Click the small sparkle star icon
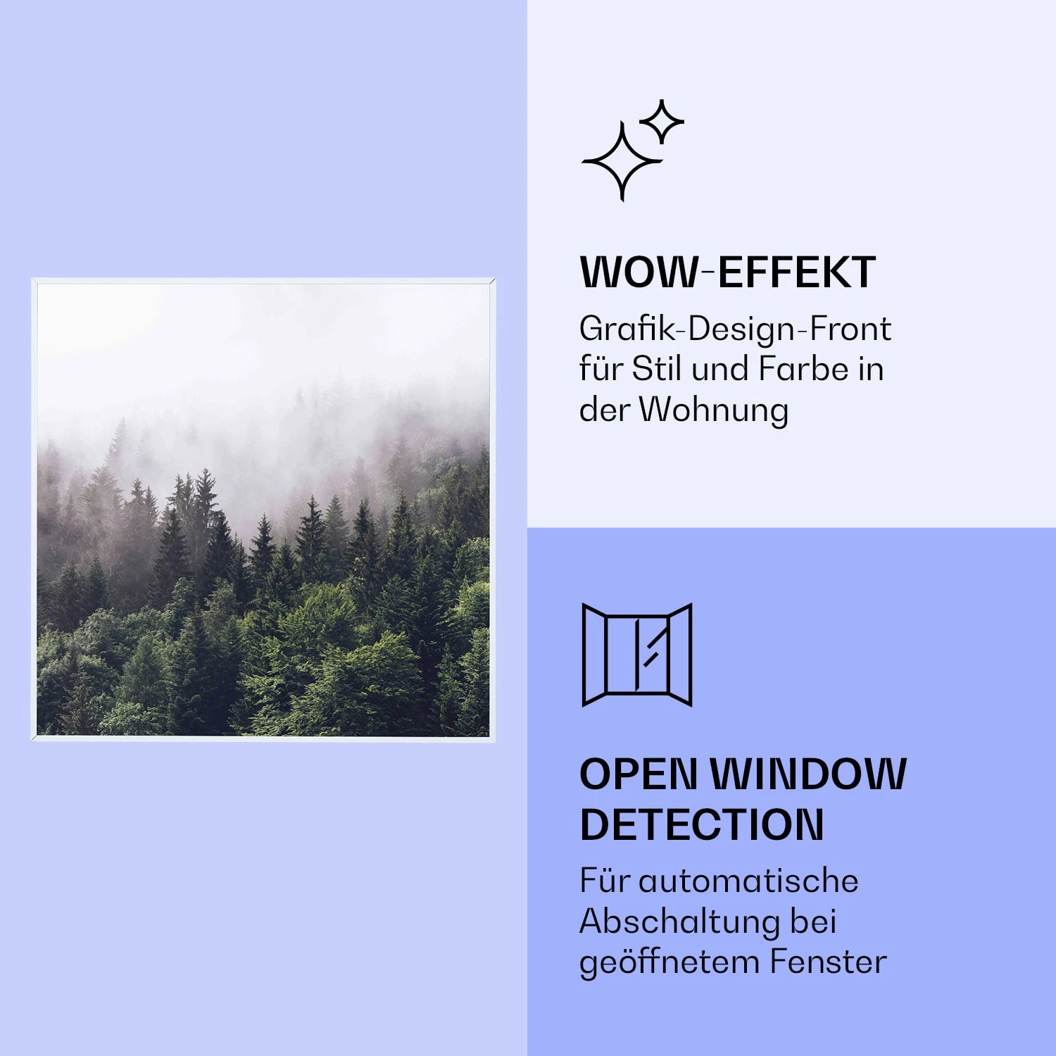tap(661, 122)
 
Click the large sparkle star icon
tap(622, 161)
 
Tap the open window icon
tap(637, 655)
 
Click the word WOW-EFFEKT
tap(727, 272)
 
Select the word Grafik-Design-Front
tap(735, 329)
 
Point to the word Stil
tap(657, 369)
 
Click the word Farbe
tap(803, 369)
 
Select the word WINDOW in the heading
tap(808, 774)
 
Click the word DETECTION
tap(702, 824)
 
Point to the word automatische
tap(748, 881)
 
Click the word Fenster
tap(828, 962)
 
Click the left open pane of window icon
tap(594, 655)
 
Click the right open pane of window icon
tap(680, 655)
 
